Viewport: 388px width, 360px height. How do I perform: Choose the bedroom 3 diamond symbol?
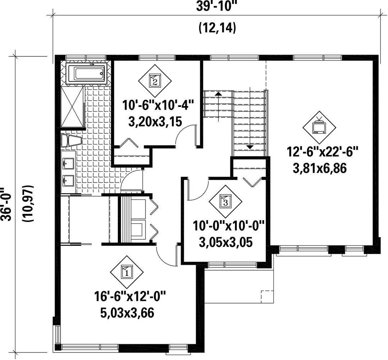pyautogui.click(x=225, y=202)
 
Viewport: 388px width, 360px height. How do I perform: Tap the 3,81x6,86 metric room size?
pyautogui.click(x=319, y=169)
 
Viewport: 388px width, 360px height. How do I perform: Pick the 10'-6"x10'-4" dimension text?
pyautogui.click(x=157, y=106)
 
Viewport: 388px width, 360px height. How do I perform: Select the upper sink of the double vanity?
pyautogui.click(x=68, y=163)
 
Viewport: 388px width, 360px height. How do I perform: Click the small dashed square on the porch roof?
pyautogui.click(x=267, y=296)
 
